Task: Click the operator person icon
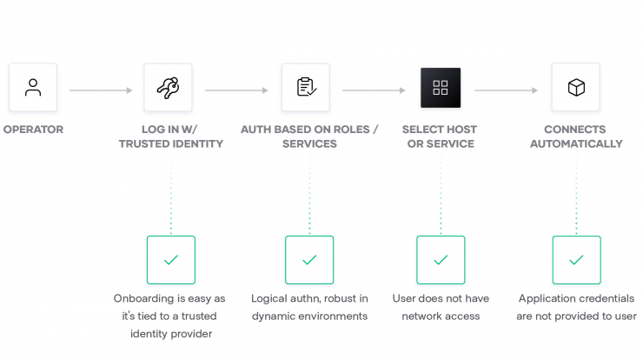pos(33,88)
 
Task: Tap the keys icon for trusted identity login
pos(168,88)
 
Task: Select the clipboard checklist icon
pos(306,87)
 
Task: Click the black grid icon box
pos(441,88)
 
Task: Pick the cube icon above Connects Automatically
pos(576,88)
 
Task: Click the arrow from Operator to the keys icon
pos(101,90)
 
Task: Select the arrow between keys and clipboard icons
pos(236,90)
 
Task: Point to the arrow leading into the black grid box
pos(374,90)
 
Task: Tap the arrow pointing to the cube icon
pos(506,90)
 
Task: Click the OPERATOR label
pos(33,130)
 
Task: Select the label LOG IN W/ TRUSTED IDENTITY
pos(171,137)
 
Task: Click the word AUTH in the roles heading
pos(255,130)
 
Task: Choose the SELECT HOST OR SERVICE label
pos(440,137)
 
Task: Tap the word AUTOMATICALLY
pos(576,143)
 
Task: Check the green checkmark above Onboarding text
pos(171,260)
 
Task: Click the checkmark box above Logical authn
pos(309,260)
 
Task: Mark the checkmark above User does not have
pos(441,260)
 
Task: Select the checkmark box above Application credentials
pos(577,260)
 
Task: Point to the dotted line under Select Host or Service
pos(441,192)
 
